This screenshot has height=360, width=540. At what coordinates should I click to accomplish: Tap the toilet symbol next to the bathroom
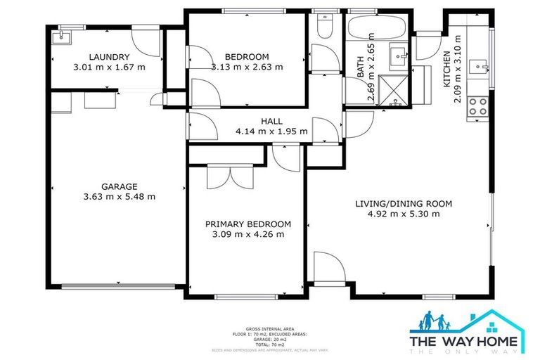point(325,27)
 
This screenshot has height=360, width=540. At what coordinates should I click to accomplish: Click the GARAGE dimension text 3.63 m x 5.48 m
point(118,197)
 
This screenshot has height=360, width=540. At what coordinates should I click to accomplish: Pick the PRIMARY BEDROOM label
point(247,224)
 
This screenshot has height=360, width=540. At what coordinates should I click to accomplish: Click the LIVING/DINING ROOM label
point(403,204)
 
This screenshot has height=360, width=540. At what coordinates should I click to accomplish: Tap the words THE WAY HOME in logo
point(464,341)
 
